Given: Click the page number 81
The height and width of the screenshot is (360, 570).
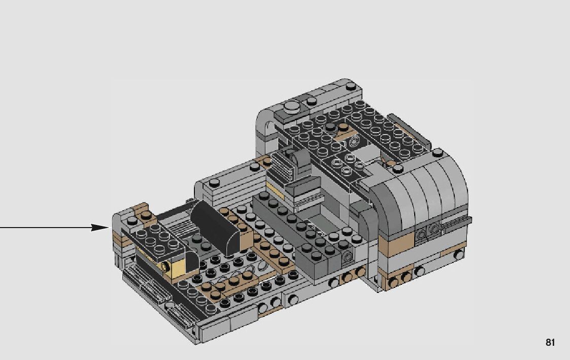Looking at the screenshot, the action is [550, 342].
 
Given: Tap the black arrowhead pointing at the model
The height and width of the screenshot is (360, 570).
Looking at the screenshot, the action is [99, 227].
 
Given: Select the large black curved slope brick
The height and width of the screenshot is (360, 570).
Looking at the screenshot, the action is [216, 227].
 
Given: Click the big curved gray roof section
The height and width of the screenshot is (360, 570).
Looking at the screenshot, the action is [418, 198].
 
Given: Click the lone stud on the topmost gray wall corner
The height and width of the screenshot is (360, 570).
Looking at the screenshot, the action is [351, 86].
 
